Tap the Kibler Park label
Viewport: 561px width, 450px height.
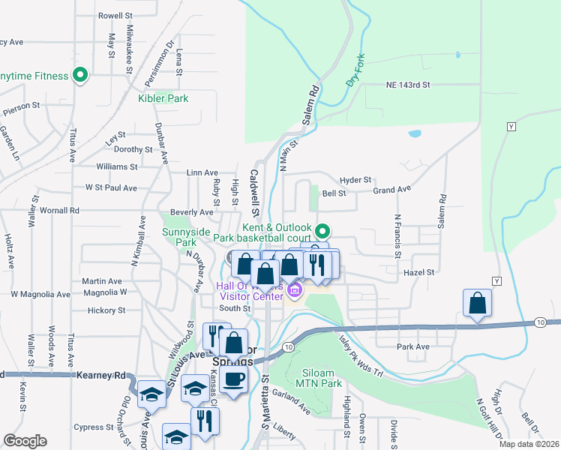point(163,98)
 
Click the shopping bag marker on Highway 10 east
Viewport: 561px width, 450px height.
point(477,304)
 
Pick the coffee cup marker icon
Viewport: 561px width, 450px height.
point(233,378)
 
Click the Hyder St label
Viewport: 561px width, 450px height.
point(355,180)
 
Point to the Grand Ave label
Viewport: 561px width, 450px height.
point(392,190)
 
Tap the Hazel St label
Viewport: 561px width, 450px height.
point(419,272)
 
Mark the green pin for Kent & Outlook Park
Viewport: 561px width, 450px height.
point(322,230)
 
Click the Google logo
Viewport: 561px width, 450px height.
point(25,441)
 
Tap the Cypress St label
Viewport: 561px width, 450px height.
point(93,427)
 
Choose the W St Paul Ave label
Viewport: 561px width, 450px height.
point(111,187)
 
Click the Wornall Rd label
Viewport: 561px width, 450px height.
point(60,211)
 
